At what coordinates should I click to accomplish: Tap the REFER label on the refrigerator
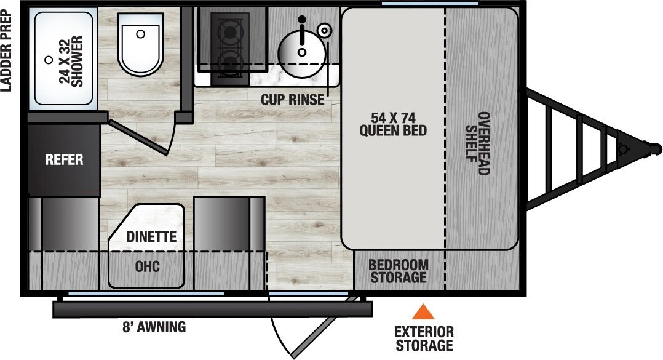point(64,160)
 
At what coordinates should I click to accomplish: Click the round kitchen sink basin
point(301,50)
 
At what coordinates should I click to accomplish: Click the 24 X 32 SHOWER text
point(71,62)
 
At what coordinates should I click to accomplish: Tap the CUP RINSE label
point(292,100)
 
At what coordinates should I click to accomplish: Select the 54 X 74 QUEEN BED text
point(393,124)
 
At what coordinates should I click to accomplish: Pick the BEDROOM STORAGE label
point(398,271)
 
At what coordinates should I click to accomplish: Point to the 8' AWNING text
point(154,327)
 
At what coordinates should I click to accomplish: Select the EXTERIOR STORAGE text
point(424,338)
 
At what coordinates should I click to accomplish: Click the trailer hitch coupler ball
point(656,148)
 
